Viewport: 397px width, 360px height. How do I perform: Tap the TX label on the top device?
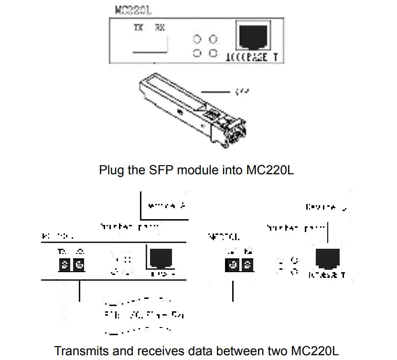138,28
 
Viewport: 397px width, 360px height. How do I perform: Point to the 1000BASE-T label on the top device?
251,58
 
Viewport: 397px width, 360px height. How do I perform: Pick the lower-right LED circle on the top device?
213,53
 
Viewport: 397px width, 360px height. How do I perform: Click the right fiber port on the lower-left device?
79,263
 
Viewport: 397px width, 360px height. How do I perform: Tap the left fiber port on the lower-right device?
233,264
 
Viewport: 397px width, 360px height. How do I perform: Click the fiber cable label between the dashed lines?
144,315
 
